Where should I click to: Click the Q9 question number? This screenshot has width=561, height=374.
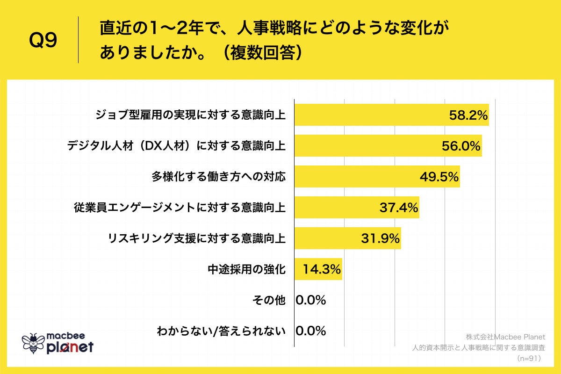point(43,41)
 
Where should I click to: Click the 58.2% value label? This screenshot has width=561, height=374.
point(468,115)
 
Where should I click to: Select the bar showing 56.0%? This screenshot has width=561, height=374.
point(388,146)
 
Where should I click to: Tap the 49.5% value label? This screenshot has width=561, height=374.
point(439,177)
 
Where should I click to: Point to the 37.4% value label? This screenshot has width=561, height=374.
point(398,208)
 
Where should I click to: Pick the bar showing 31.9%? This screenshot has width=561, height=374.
point(347,238)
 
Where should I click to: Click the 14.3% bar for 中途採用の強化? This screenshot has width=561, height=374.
point(318,269)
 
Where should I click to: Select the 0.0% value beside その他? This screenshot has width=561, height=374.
point(311,300)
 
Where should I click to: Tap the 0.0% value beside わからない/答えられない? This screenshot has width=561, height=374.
point(311,331)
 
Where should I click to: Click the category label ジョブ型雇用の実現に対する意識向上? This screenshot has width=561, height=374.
point(190,115)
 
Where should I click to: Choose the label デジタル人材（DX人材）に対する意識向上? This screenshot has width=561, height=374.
point(176,146)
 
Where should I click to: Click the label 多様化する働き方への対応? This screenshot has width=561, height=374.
point(218,177)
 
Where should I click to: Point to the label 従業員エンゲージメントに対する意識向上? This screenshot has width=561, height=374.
point(180,208)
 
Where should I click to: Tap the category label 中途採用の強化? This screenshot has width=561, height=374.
point(247,269)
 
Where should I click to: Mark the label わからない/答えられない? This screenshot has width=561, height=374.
point(221,331)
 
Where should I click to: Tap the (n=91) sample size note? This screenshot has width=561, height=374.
point(528,359)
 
